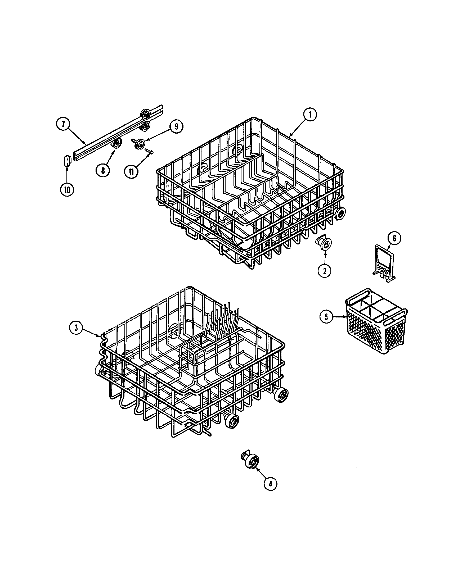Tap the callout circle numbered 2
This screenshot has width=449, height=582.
coord(325,271)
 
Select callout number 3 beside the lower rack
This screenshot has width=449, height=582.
coord(76,328)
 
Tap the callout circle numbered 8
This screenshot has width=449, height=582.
coord(103,170)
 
